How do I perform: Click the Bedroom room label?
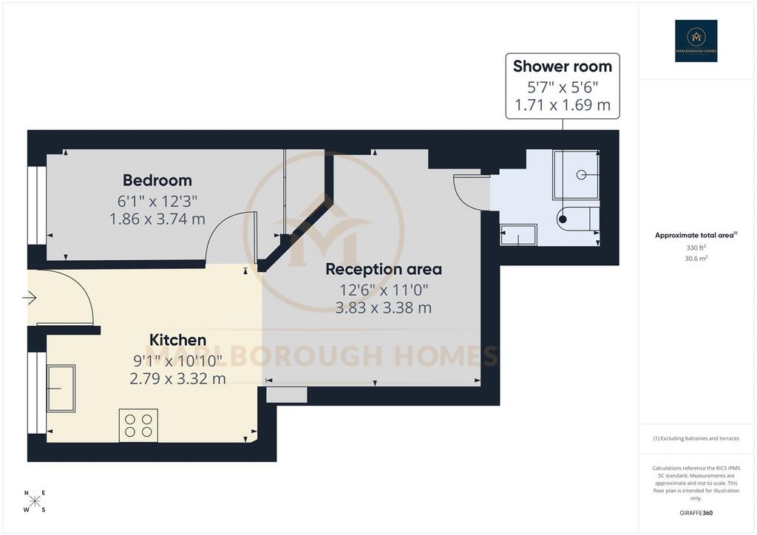pos(157,180)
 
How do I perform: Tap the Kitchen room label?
pos(177,340)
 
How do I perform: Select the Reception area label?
pos(384,269)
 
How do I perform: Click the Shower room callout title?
pos(563,67)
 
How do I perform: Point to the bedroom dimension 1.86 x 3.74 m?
pos(157,219)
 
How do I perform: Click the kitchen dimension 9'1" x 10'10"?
pos(177,361)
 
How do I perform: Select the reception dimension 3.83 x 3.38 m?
pos(384,307)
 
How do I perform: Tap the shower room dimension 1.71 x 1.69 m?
pos(563,105)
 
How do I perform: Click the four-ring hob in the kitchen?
pos(138,426)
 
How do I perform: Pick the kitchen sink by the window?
pos(61,389)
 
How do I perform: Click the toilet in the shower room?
pos(578,219)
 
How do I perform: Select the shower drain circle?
pos(581,174)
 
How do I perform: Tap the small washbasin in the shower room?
pos(518,234)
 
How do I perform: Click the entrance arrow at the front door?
pos(30,298)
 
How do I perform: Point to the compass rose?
pos(35,501)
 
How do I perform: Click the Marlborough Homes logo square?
pos(696,41)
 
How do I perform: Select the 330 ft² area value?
pos(696,248)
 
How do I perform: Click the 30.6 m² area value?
pos(696,259)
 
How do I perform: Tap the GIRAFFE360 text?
pos(696,513)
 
